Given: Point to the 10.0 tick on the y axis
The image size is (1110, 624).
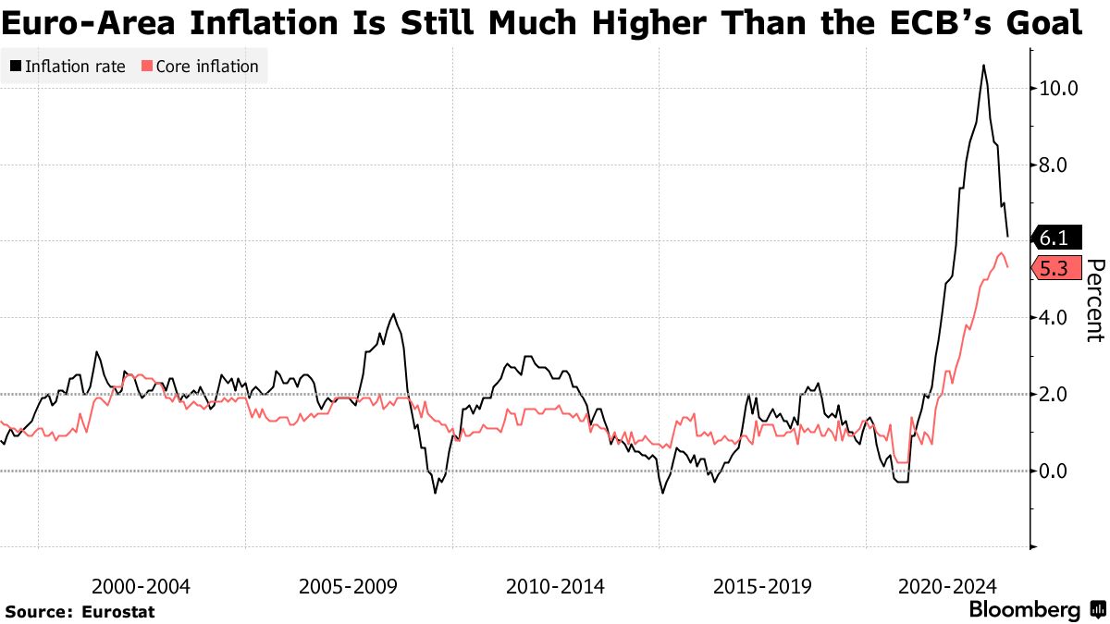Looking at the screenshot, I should pyautogui.click(x=1058, y=89).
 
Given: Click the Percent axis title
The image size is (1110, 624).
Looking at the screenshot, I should pyautogui.click(x=1094, y=300).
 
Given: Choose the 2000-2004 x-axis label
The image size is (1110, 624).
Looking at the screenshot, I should pyautogui.click(x=142, y=587).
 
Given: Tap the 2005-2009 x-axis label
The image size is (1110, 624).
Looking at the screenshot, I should pyautogui.click(x=349, y=587).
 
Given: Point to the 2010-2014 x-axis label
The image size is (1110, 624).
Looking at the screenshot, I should pyautogui.click(x=555, y=587).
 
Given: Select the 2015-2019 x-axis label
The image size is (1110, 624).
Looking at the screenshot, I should pyautogui.click(x=762, y=587).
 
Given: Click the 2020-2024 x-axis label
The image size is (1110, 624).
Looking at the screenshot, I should pyautogui.click(x=947, y=587).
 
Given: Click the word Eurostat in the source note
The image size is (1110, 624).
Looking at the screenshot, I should pyautogui.click(x=118, y=612).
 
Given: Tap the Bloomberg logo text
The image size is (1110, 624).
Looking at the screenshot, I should pyautogui.click(x=1024, y=610).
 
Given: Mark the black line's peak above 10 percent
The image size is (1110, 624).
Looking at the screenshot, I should pyautogui.click(x=982, y=66).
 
